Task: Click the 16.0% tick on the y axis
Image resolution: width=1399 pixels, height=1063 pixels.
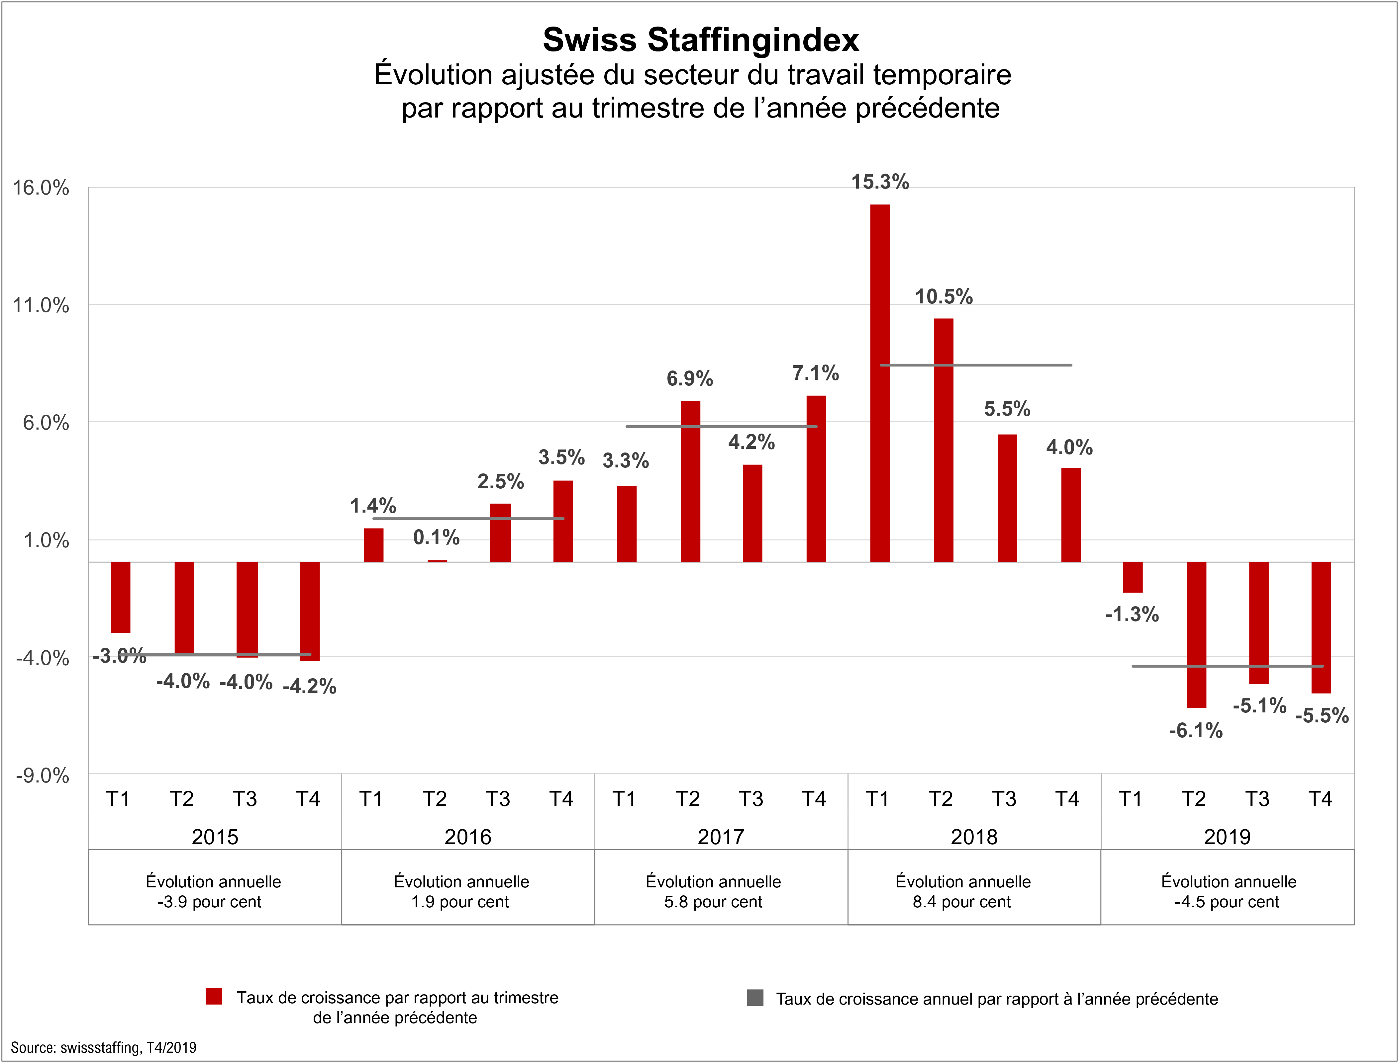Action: [41, 188]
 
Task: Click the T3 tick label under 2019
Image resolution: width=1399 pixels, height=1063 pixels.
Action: [1257, 799]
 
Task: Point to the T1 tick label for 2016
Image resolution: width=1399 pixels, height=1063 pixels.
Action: [371, 799]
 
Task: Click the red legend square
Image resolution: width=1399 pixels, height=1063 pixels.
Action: [214, 997]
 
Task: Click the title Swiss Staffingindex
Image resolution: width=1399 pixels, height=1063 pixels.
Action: [701, 40]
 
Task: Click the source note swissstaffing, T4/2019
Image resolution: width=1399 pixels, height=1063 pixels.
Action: [103, 1048]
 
